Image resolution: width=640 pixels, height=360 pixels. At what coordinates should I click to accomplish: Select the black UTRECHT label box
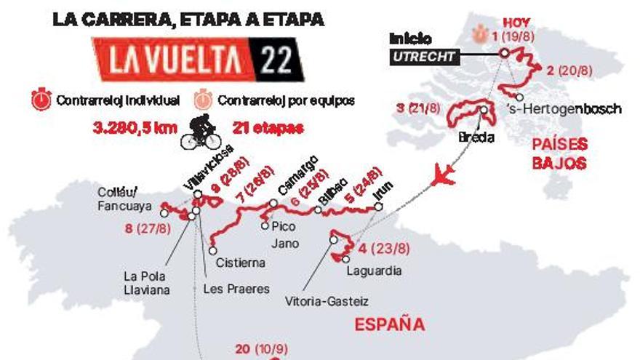pyautogui.click(x=422, y=57)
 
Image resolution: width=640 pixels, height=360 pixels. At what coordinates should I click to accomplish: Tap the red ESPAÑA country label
pyautogui.click(x=389, y=324)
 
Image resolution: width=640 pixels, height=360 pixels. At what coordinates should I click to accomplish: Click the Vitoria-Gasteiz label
pyautogui.click(x=327, y=300)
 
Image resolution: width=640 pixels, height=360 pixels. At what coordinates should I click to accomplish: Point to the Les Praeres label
pyautogui.click(x=236, y=289)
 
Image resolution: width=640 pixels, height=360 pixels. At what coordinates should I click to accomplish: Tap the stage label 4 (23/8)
pyautogui.click(x=383, y=249)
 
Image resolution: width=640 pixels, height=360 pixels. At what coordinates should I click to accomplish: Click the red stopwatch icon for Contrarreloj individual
pyautogui.click(x=41, y=100)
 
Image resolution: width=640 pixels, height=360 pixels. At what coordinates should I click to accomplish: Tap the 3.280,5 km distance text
pyautogui.click(x=135, y=127)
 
